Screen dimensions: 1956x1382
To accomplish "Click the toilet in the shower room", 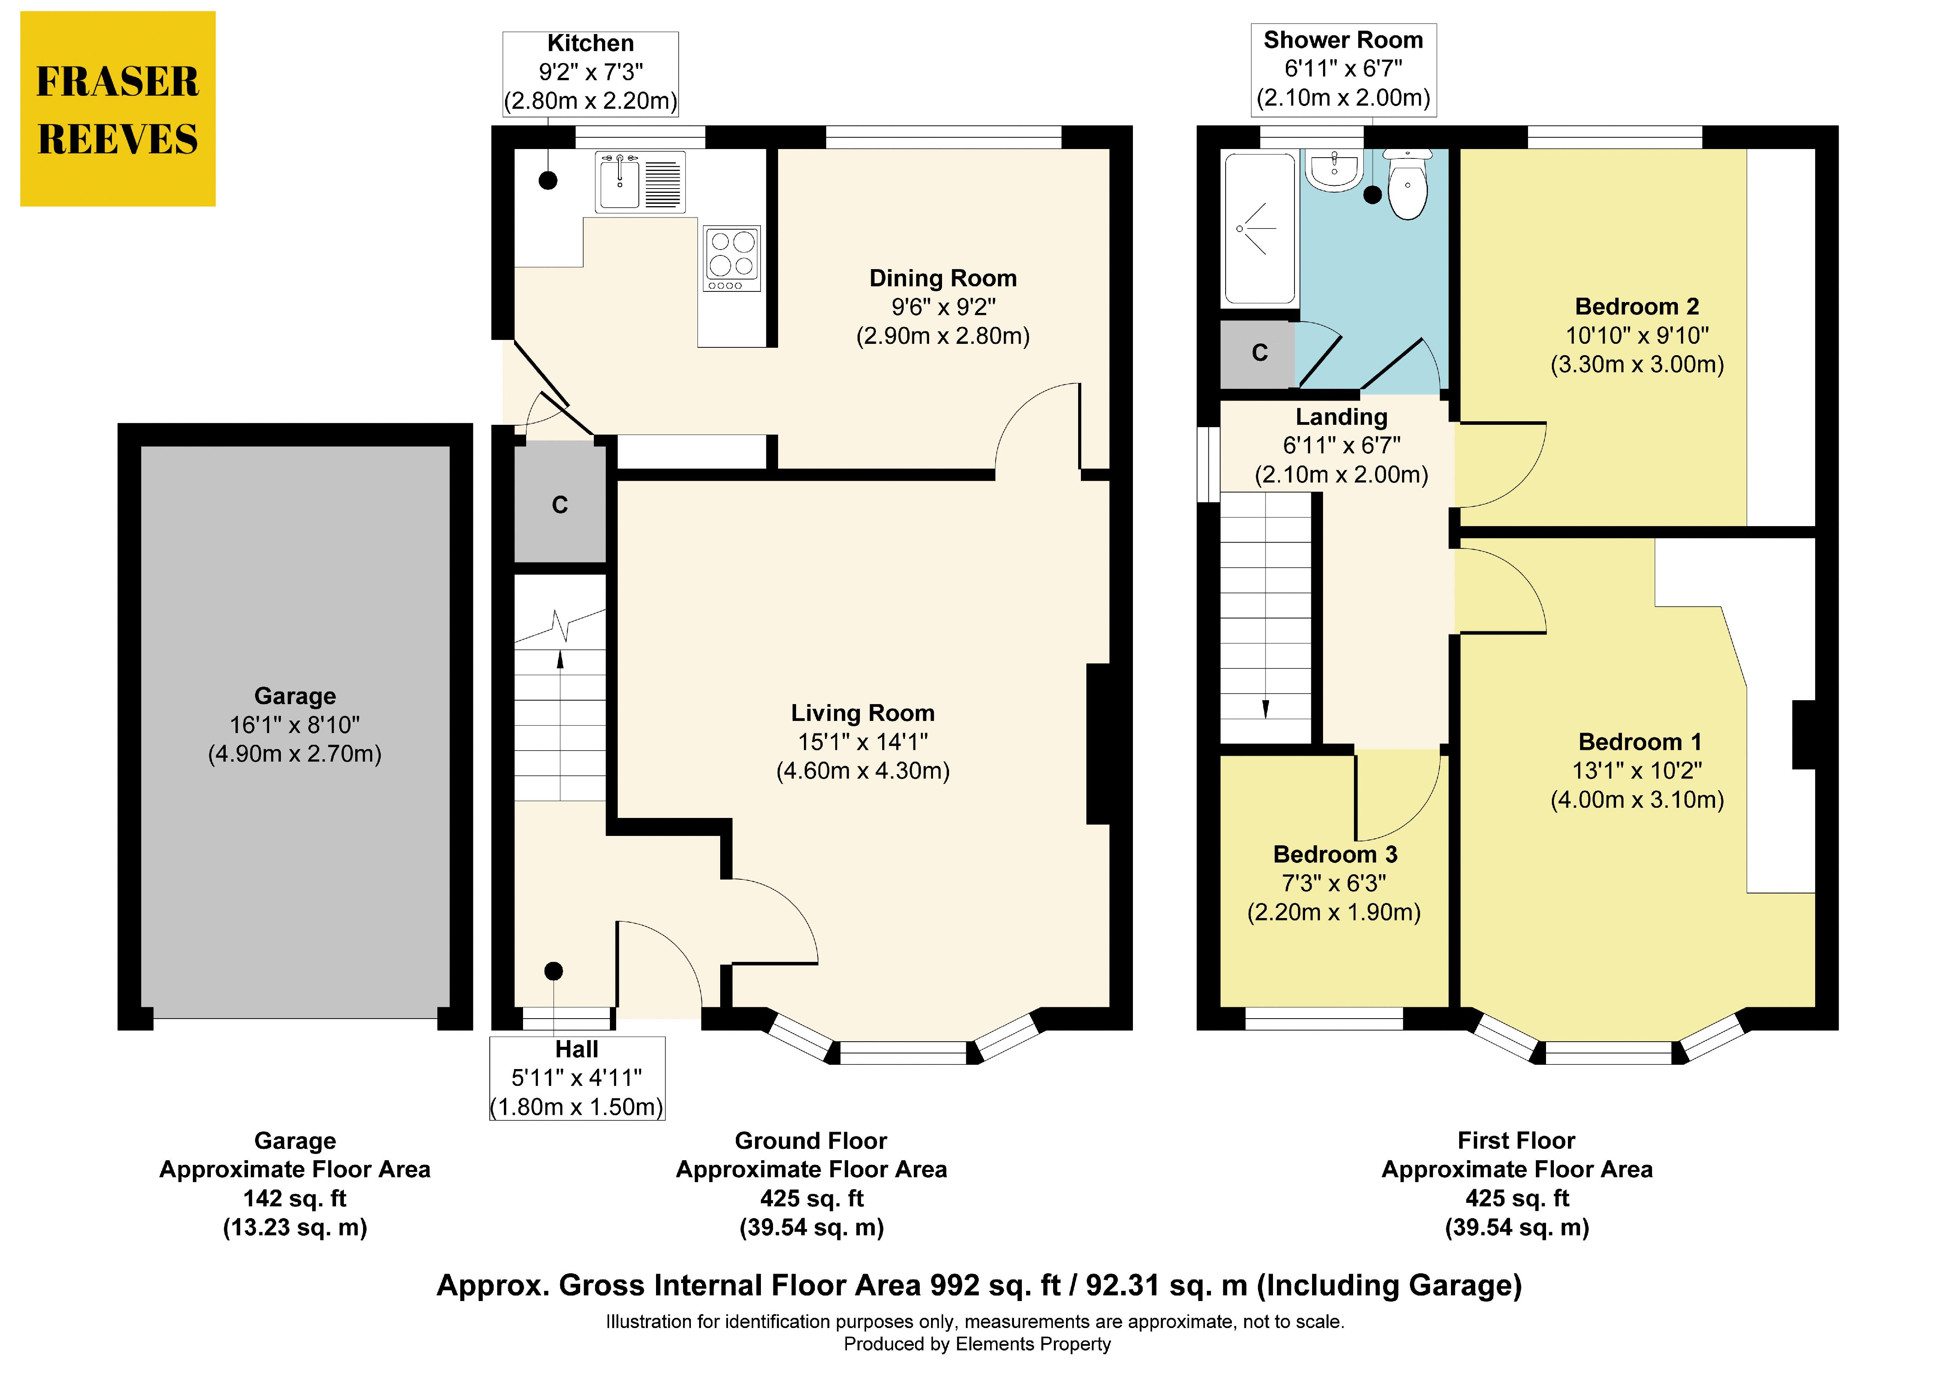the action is tap(1408, 183).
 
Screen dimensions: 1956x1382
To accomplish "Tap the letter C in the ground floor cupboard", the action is tap(560, 505).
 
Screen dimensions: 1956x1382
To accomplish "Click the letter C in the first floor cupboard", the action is tap(1260, 353).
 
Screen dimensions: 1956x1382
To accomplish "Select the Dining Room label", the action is tap(943, 279).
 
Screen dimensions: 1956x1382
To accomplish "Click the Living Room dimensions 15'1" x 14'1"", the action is tap(863, 742).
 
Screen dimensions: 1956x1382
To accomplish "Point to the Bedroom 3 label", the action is tap(1335, 855).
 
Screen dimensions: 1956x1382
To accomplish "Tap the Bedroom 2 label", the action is tap(1636, 307).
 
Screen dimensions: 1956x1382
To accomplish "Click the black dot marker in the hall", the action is tap(554, 970).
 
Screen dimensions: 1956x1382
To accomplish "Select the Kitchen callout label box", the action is tap(590, 73).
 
